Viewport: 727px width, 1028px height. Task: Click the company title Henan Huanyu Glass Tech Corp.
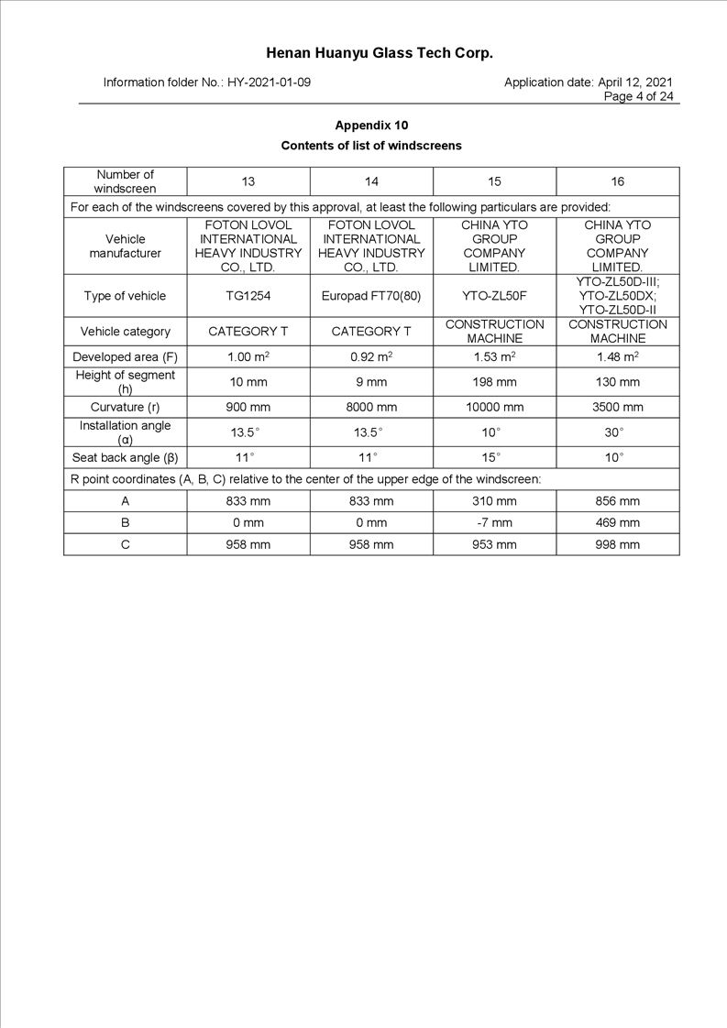point(380,53)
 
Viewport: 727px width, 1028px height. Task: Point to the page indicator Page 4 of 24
point(638,96)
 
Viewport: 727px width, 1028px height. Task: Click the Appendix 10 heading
point(371,126)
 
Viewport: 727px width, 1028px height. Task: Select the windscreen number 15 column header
point(494,181)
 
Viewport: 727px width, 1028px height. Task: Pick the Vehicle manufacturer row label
point(126,246)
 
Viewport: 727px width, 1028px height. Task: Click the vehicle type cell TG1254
point(248,296)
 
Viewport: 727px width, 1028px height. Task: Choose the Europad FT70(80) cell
point(371,296)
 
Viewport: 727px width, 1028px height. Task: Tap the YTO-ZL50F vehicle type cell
point(494,296)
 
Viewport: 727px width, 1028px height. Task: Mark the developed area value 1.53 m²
point(494,356)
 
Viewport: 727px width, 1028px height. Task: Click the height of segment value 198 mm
point(494,382)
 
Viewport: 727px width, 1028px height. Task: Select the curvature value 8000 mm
point(371,407)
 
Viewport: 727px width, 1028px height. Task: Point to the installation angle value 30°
point(617,432)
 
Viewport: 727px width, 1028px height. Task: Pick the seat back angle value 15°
point(494,457)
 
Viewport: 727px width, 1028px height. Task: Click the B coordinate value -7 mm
point(494,523)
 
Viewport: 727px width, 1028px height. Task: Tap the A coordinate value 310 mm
point(494,501)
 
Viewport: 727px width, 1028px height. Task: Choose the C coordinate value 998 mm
point(617,544)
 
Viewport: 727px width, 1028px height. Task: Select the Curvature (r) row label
point(126,407)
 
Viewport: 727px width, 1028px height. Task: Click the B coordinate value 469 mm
point(617,523)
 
